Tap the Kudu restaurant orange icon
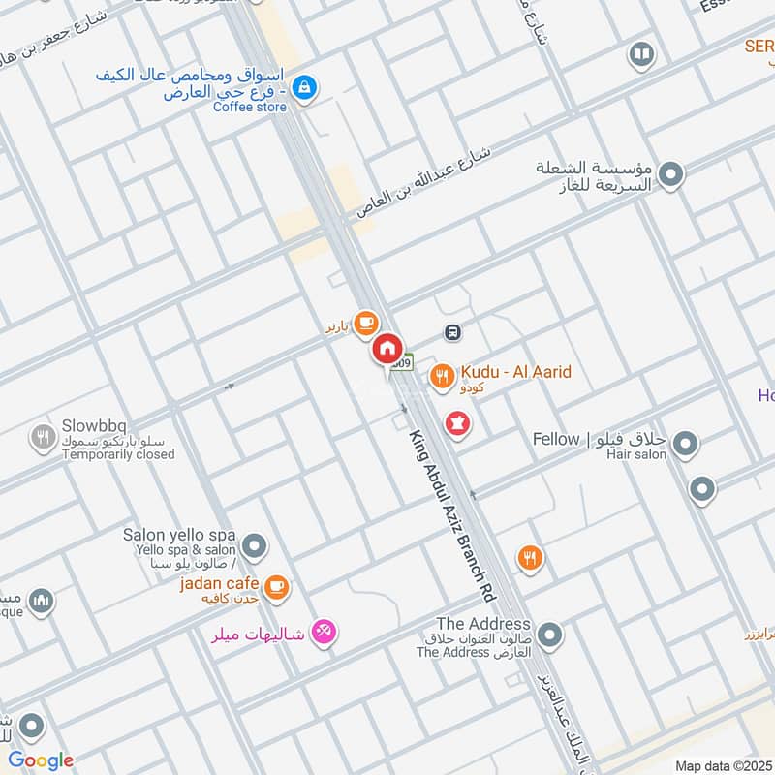(443, 376)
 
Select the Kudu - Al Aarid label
(515, 372)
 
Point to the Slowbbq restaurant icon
(42, 437)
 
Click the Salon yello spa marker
(255, 548)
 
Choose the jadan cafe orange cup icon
(277, 586)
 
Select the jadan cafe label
(219, 583)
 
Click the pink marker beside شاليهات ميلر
(325, 632)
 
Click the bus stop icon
(452, 332)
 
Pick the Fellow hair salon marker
(685, 445)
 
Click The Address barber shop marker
(549, 636)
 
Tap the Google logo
(41, 760)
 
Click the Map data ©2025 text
(721, 765)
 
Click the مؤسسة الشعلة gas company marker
(670, 176)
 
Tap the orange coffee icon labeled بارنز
(365, 322)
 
